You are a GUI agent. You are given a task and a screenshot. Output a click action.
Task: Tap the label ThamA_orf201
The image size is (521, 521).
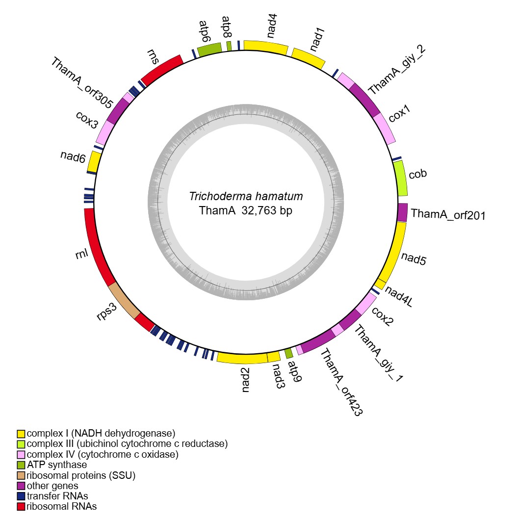448,214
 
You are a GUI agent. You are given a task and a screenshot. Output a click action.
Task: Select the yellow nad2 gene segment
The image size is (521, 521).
241,358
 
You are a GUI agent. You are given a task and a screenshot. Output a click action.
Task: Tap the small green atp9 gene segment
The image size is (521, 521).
288,353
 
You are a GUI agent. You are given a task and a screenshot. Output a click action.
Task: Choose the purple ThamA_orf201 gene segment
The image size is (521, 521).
402,212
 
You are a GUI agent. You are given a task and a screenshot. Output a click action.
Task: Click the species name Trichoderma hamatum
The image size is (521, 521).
246,197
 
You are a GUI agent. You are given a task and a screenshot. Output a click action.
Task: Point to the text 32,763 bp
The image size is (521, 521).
267,211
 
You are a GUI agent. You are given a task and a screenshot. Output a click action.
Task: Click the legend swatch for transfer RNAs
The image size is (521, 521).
21,496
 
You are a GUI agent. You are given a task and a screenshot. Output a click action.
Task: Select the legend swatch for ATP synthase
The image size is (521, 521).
21,465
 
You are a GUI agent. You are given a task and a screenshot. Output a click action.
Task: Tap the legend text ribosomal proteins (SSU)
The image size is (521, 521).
81,475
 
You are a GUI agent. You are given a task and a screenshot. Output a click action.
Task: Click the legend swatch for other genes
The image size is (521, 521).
21,486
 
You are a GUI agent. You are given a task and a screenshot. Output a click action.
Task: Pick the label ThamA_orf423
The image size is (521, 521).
341,383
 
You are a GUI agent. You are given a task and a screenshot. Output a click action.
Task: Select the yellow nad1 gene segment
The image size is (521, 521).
309,57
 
